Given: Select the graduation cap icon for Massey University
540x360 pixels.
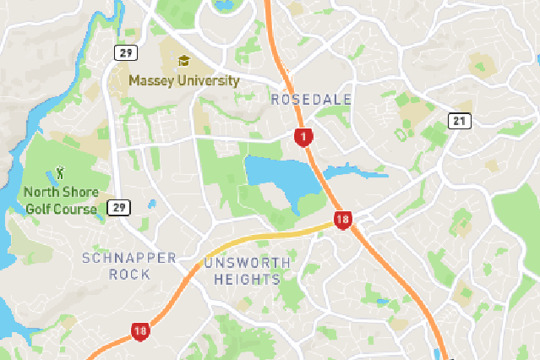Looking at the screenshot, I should pos(184,61).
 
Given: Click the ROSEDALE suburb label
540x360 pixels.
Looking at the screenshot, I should pos(311,100).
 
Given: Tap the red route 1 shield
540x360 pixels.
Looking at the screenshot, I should pos(303,136).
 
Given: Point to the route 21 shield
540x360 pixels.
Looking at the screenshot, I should pos(460,121).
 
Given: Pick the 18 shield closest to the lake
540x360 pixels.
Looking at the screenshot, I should pos(342,221).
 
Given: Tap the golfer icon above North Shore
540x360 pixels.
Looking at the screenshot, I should pos(59,172).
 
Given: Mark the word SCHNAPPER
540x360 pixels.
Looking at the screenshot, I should pos(129,258).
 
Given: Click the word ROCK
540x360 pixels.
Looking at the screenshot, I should pos(129,274).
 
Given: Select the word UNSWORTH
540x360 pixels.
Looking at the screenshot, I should pos(247,264).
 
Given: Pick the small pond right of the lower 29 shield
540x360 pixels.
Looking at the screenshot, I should pos(151,204).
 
